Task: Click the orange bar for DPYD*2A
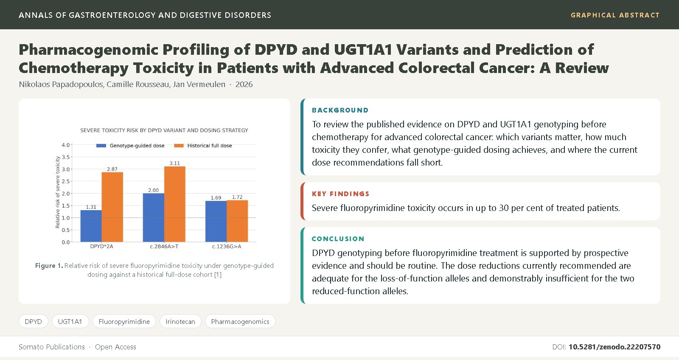coord(112,207)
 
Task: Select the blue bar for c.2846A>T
coord(153,218)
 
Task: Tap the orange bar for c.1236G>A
coord(237,221)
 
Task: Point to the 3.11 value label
coord(174,163)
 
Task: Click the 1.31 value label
coord(91,207)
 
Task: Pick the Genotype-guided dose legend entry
coord(130,146)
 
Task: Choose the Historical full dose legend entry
coord(203,146)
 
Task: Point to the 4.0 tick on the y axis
coord(65,145)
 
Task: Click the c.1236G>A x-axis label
coord(227,247)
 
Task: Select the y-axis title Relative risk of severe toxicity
coord(58,192)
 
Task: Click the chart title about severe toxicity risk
coord(164,130)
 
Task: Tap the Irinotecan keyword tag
coord(180,321)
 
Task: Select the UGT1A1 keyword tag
coord(70,321)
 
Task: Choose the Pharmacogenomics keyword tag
coord(240,321)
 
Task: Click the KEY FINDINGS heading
coord(340,194)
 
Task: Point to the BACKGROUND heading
coord(340,110)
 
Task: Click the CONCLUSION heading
coord(338,239)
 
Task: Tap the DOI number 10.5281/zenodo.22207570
coord(614,347)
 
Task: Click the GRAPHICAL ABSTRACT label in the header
coord(615,15)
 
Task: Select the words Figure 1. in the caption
coord(49,266)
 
